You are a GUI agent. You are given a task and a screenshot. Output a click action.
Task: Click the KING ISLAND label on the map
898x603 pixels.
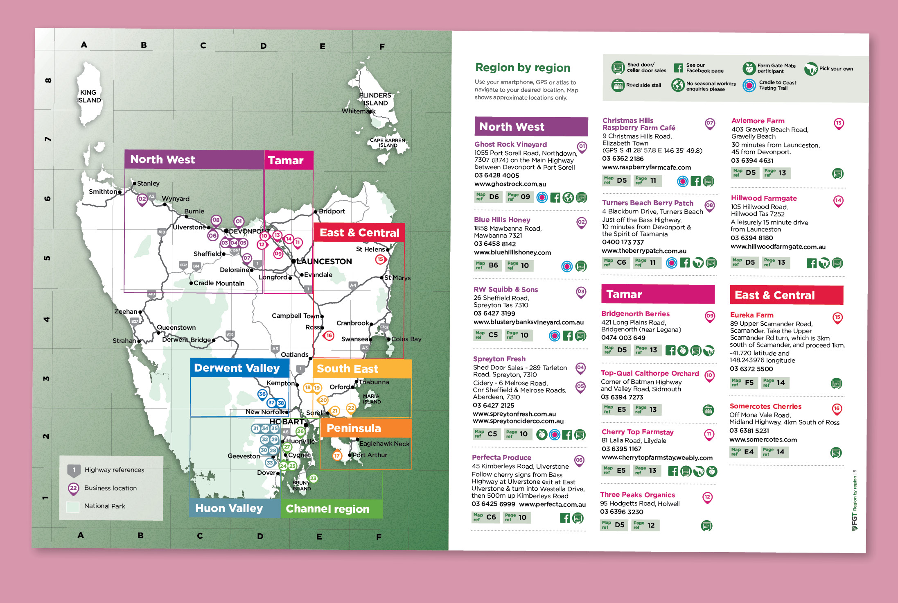(89, 96)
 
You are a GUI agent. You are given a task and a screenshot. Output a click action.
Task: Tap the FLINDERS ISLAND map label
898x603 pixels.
(375, 99)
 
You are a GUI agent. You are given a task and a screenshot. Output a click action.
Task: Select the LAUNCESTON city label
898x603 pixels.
(324, 261)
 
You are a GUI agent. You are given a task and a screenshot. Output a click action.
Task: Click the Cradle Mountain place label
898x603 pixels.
(219, 283)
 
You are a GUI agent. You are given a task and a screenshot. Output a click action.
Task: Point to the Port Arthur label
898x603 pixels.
(370, 455)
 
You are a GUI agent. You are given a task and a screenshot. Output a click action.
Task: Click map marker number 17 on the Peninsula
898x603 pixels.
(337, 455)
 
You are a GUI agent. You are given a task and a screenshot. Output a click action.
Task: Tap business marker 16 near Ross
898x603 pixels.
(329, 336)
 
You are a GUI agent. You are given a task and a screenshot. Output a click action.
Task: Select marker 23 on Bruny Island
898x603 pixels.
(313, 478)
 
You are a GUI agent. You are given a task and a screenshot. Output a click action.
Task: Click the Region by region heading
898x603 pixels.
(522, 68)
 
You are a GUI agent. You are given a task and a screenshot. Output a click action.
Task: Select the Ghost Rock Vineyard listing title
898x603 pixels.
(510, 144)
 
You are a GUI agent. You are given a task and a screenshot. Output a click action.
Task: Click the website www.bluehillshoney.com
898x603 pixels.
(512, 252)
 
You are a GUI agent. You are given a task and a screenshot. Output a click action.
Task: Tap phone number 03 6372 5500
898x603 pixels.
(751, 369)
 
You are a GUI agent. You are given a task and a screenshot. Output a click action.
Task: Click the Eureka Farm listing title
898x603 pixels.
(751, 315)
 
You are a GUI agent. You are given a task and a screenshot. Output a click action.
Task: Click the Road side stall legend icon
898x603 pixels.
(618, 85)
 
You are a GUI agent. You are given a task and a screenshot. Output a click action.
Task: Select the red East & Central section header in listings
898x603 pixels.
(786, 295)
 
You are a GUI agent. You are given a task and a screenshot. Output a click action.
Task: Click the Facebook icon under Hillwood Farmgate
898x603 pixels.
(811, 263)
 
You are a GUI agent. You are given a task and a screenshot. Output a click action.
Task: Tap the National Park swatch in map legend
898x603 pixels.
(72, 506)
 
